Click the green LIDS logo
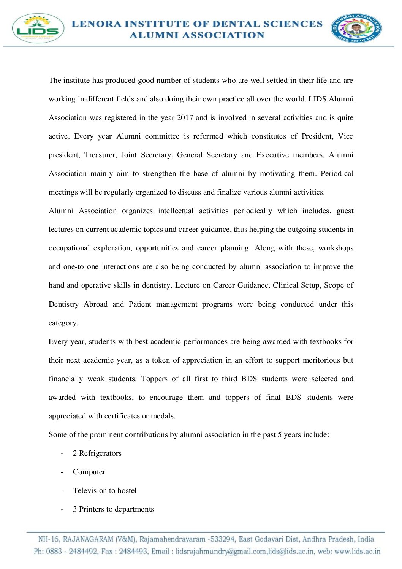(x=38, y=29)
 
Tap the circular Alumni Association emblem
(x=356, y=29)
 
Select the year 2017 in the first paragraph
(x=185, y=118)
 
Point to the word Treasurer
(x=100, y=155)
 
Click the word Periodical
(x=337, y=174)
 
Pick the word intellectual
(x=176, y=211)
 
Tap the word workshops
(x=336, y=248)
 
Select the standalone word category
(x=63, y=323)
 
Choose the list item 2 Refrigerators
(x=97, y=453)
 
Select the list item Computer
(x=89, y=472)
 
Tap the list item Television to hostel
(x=104, y=491)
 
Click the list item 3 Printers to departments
(x=113, y=509)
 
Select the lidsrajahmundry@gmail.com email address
(x=221, y=552)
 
